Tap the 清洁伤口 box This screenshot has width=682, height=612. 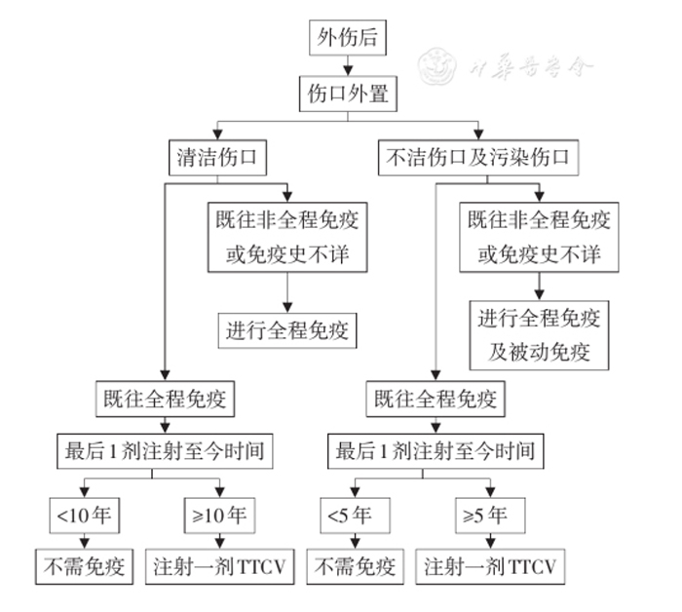point(216,155)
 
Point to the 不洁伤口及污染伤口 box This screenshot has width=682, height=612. point(478,155)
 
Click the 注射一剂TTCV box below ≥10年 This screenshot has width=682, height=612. point(221,566)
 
